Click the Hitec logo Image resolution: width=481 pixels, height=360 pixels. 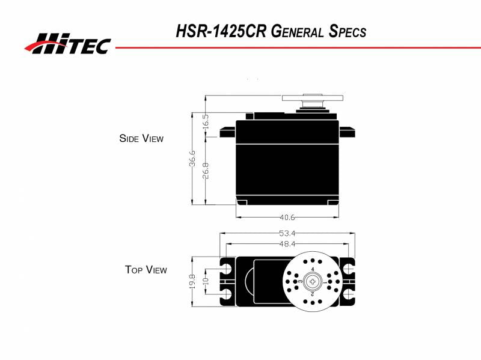67,43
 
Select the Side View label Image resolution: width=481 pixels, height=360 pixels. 141,138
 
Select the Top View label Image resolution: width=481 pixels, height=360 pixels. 146,270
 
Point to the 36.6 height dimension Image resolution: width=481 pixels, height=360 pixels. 192,159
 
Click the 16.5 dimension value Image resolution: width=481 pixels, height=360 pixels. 206,123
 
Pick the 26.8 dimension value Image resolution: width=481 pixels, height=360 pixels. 206,170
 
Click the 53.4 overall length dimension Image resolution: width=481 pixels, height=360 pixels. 287,233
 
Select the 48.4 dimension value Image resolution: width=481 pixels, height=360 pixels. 287,243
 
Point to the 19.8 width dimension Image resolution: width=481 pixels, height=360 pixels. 192,280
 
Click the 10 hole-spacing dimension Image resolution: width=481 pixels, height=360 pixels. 206,281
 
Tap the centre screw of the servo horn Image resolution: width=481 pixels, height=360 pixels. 313,281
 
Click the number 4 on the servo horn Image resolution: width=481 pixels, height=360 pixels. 313,269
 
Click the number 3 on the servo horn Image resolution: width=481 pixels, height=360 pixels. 301,281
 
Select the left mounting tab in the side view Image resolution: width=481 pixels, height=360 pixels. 227,132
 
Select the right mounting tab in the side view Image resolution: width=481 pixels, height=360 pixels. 346,132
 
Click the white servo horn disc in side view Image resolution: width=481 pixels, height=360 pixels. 313,97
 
